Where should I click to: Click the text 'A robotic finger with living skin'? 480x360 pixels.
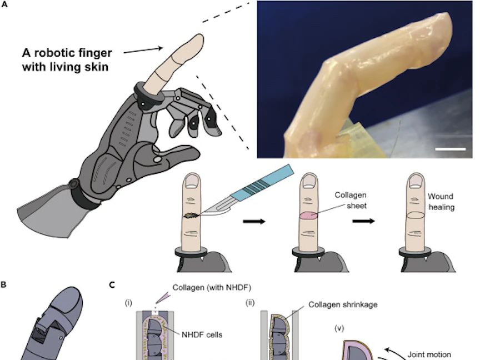pyautogui.click(x=67, y=59)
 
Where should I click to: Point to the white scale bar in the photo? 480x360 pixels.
pyautogui.click(x=450, y=149)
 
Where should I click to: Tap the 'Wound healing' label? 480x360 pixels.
pyautogui.click(x=441, y=202)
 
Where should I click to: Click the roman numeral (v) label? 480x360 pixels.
pyautogui.click(x=339, y=328)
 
